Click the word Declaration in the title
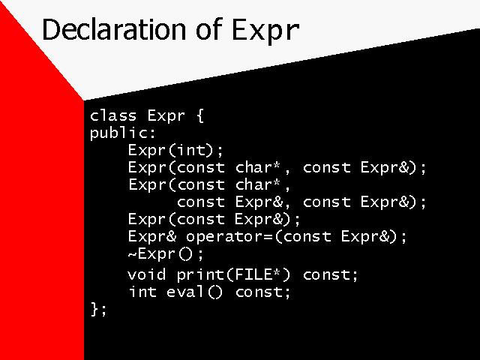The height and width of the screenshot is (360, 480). pos(114,29)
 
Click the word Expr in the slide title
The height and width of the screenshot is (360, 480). pos(265,31)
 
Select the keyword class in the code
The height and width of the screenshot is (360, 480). pos(113,115)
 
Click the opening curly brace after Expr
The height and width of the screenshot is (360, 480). pos(200,116)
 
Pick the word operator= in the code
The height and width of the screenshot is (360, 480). pos(229,237)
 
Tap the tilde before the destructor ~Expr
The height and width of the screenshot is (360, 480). pos(132,254)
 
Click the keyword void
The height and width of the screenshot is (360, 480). pos(147,274)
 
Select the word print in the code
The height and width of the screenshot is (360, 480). pos(200,275)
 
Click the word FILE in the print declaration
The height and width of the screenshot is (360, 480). pos(253,274)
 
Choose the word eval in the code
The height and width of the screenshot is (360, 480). pos(185,292)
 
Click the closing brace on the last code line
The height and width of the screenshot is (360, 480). pos(94,309)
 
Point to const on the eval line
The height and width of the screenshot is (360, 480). pos(259,292)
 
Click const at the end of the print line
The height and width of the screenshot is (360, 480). pos(326,275)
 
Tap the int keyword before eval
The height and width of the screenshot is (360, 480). pos(142,292)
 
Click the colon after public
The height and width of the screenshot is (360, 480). pos(152,133)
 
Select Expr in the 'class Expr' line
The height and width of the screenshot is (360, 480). pos(166,116)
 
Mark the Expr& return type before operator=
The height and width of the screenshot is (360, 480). pos(152,237)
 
